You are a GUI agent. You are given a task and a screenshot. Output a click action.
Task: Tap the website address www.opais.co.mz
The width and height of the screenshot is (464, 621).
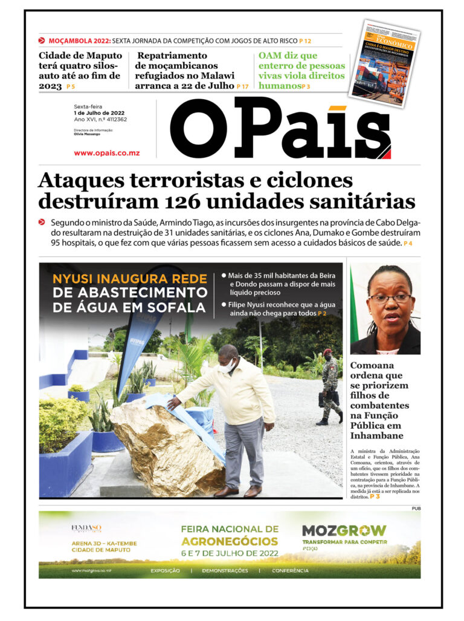(x=106, y=153)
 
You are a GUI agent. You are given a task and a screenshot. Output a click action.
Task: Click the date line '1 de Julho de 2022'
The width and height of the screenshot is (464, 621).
(x=99, y=113)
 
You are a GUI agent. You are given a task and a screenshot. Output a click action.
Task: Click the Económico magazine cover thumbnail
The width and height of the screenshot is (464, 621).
(x=385, y=63)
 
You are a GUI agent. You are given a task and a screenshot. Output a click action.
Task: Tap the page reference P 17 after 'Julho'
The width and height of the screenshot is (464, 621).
(x=242, y=86)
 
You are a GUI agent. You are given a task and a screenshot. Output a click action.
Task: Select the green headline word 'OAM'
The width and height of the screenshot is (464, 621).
(x=272, y=56)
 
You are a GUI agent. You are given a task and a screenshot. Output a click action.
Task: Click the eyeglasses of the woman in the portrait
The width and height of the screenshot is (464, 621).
(x=386, y=298)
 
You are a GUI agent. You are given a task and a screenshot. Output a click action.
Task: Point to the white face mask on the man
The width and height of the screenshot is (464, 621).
(x=227, y=365)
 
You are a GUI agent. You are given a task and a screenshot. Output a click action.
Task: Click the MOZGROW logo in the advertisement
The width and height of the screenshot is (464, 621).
(x=344, y=531)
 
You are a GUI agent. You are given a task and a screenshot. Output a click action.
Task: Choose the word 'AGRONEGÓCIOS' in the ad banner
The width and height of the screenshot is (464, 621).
(x=230, y=542)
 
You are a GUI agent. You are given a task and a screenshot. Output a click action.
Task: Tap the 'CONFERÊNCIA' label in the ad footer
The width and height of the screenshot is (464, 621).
(x=290, y=571)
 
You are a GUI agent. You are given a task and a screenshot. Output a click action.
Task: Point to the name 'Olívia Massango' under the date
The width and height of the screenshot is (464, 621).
(x=88, y=134)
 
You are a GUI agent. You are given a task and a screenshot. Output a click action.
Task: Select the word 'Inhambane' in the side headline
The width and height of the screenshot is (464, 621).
(x=378, y=435)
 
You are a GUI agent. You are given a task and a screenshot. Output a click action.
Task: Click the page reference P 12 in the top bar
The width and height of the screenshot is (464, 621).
(x=305, y=41)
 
